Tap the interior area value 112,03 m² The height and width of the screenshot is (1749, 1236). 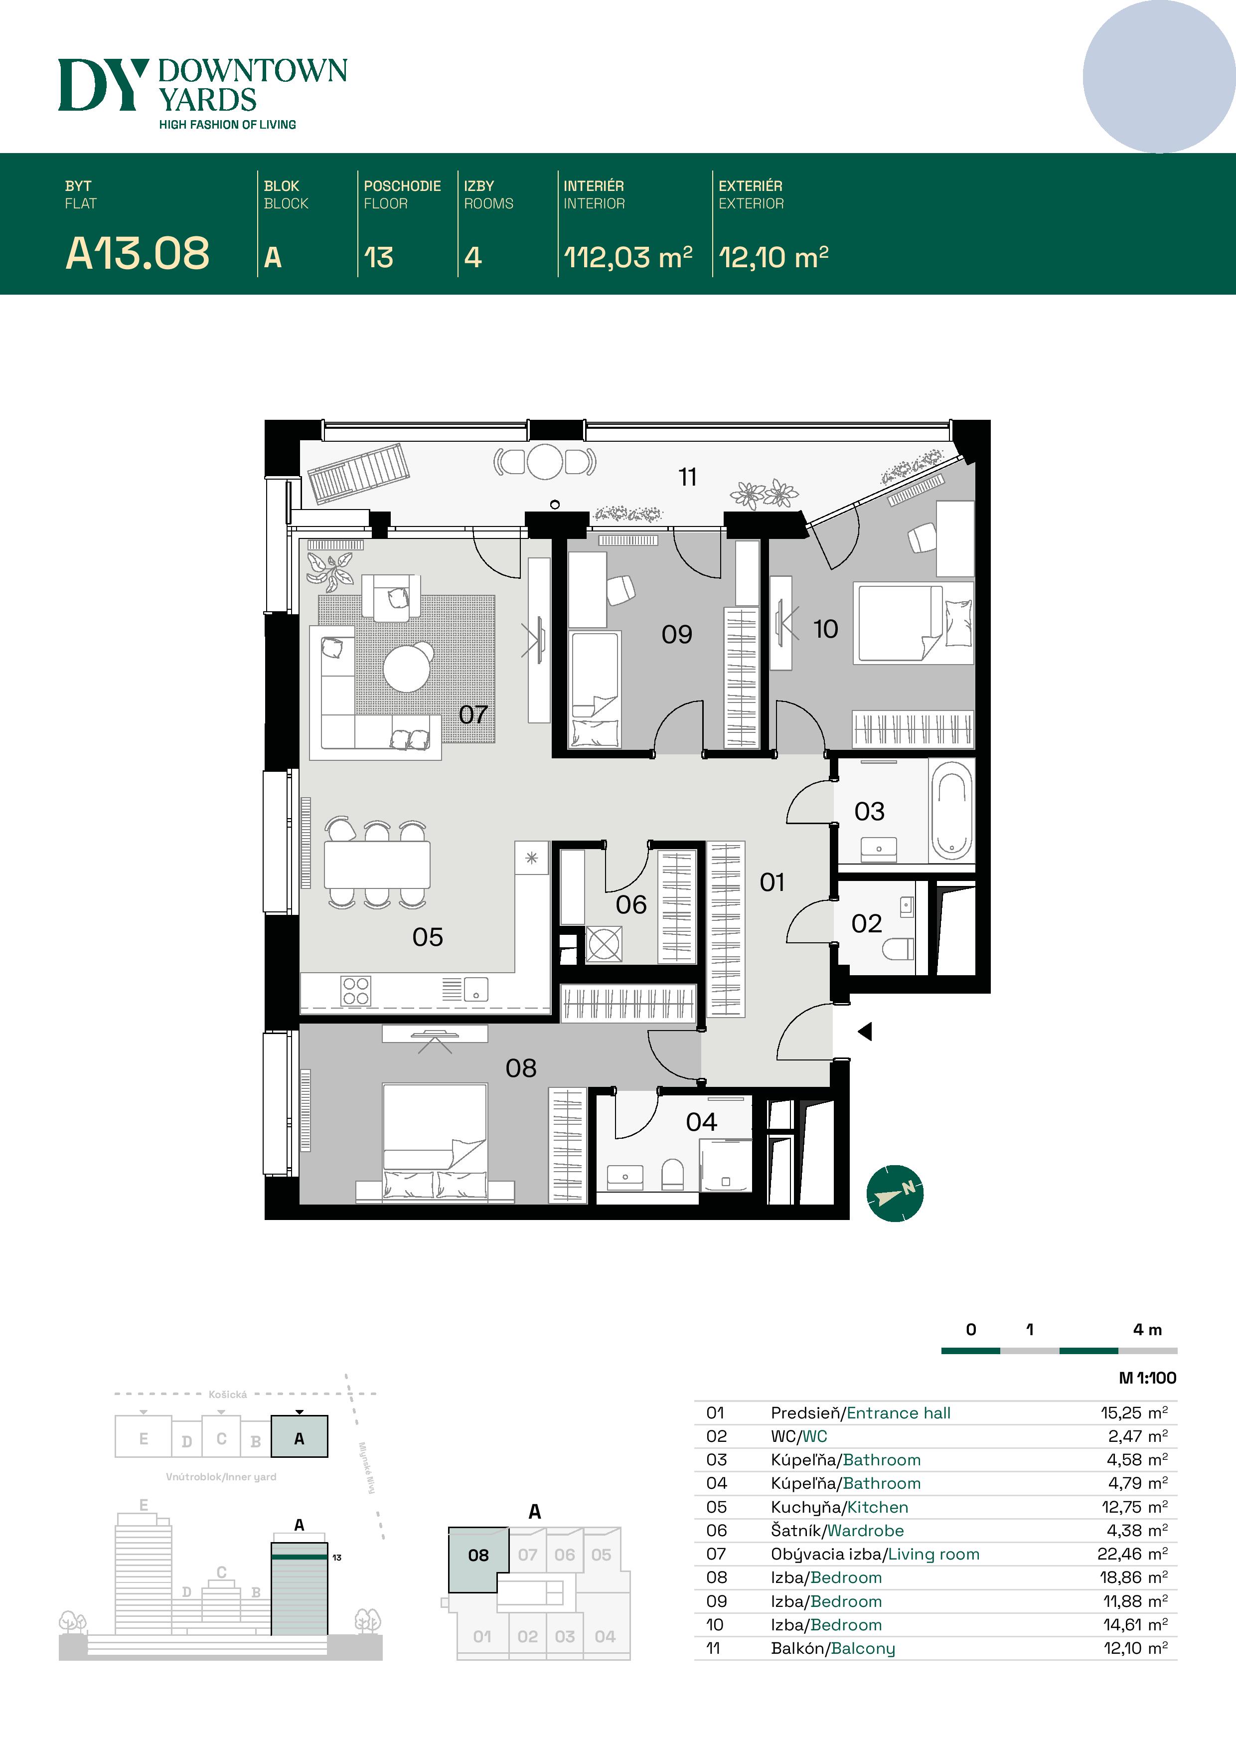click(x=627, y=257)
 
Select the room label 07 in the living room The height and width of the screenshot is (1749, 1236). click(x=473, y=714)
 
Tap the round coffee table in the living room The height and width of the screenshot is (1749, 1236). click(x=407, y=668)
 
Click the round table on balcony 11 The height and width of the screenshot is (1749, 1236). click(x=545, y=462)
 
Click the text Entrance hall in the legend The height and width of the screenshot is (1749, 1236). click(x=898, y=1413)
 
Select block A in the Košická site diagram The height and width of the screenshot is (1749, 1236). click(x=300, y=1438)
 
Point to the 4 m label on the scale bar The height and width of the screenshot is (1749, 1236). click(x=1147, y=1330)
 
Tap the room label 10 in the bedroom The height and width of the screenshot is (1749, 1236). click(x=825, y=629)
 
